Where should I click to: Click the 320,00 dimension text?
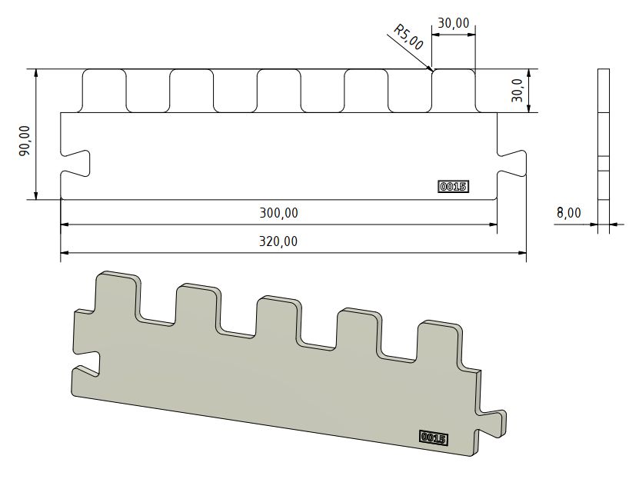[x=278, y=241]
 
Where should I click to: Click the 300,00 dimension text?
[x=279, y=213]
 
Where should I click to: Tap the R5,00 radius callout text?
[x=408, y=37]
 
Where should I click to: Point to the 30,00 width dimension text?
[x=453, y=23]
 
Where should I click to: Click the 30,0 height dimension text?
[x=518, y=91]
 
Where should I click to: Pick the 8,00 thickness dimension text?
[x=568, y=213]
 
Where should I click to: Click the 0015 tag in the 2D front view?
[x=453, y=186]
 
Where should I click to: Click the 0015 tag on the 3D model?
[x=434, y=437]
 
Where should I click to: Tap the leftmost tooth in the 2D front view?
[x=103, y=91]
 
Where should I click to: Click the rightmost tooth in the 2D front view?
[x=453, y=91]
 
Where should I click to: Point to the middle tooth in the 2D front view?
[x=278, y=91]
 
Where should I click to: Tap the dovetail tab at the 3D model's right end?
[x=492, y=420]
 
